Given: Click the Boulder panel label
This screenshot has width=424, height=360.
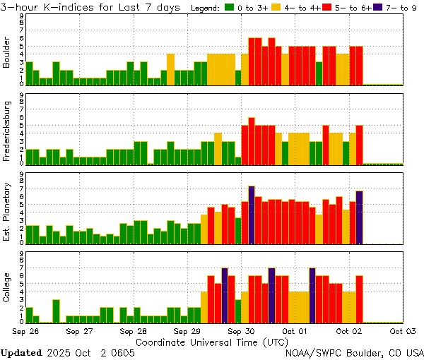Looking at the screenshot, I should coord(8,53).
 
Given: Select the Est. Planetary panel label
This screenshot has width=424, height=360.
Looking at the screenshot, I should coord(8,212).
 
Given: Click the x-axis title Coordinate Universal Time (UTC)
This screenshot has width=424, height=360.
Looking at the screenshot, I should coord(212,341).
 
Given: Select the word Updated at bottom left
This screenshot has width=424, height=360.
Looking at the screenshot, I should coord(20,352).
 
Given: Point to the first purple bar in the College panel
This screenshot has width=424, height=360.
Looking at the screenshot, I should coord(225,294).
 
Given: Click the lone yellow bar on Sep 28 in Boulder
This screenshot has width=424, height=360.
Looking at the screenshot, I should coord(170,68).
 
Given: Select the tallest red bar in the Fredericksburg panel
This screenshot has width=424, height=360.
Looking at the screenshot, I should coord(252,140).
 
